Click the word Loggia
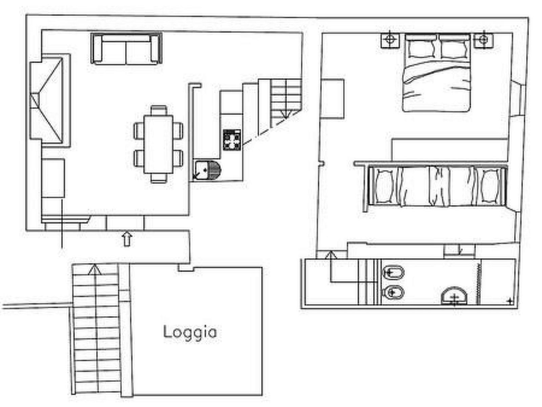point(190,332)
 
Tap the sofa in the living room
point(126,49)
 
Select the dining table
point(158,144)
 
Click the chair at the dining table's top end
point(159,110)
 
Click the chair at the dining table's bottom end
point(159,178)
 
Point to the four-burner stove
point(232,140)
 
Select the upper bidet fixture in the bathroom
point(393,273)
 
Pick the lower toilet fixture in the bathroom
point(393,293)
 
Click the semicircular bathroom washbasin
point(454,296)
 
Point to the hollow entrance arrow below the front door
point(127,239)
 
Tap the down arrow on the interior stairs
point(286,114)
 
